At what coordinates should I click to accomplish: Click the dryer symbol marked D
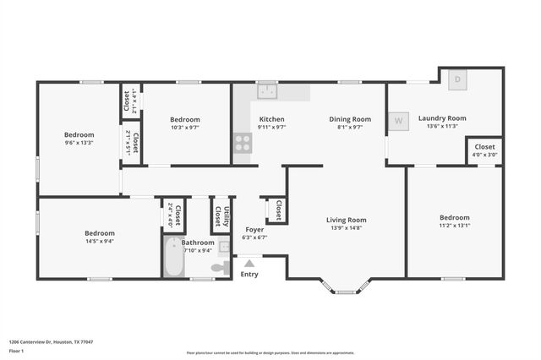(457, 79)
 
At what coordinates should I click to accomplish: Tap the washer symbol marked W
(397, 120)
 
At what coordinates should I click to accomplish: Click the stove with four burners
(243, 143)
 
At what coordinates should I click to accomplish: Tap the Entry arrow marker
(249, 263)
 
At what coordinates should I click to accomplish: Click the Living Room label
(347, 220)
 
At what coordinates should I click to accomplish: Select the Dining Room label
(350, 119)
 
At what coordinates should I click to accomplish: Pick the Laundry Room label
(442, 118)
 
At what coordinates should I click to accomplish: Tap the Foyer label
(254, 230)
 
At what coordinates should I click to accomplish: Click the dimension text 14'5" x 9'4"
(99, 241)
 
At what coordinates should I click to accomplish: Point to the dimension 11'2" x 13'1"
(454, 225)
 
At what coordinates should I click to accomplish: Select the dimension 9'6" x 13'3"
(79, 142)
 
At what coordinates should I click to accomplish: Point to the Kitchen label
(271, 119)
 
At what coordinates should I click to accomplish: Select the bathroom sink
(224, 248)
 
